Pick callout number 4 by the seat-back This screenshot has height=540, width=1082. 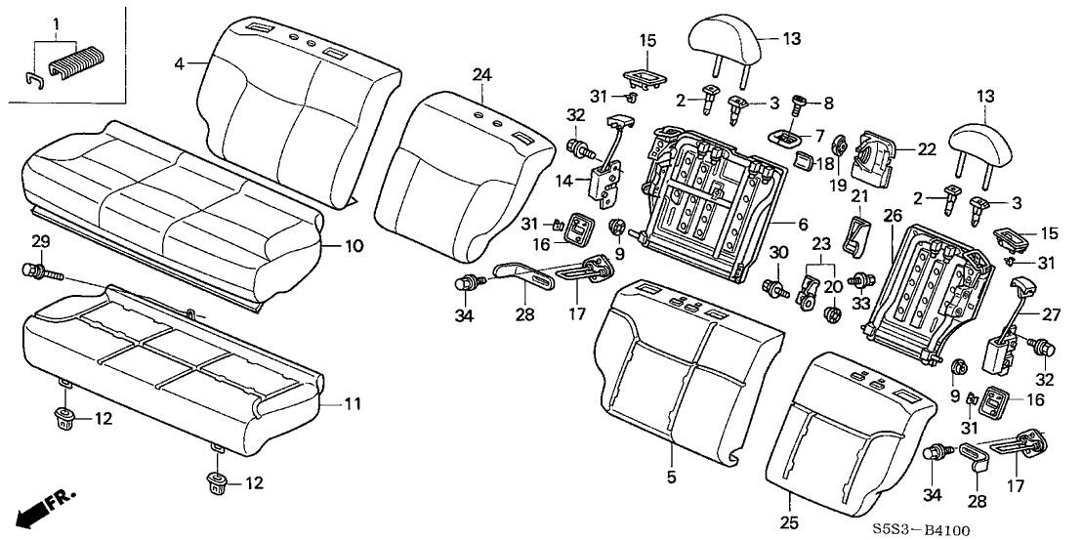click(x=179, y=64)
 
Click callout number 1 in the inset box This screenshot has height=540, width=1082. click(x=56, y=21)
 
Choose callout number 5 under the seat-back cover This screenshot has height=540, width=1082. click(x=671, y=478)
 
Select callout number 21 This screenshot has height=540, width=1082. click(x=859, y=198)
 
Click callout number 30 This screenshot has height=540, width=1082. click(x=779, y=252)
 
